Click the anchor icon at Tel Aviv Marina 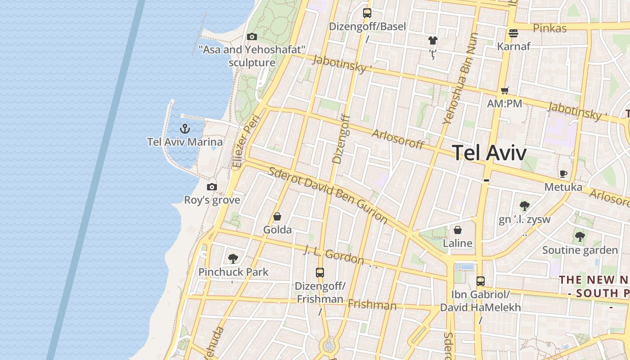pos(184,129)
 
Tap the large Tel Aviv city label pos(489,153)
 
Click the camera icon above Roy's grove pos(212,187)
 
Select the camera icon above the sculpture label pos(252,36)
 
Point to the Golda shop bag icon pos(277,217)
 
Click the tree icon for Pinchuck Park pos(233,258)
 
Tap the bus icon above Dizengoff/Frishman pos(320,272)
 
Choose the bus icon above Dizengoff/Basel pos(367,13)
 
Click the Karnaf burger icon pos(513,33)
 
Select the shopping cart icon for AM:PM pos(505,91)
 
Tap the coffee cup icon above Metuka pos(563,174)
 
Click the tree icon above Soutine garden pos(580,237)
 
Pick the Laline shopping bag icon pos(458,230)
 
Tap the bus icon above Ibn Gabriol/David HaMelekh pos(481,281)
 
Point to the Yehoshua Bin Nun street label pos(459,78)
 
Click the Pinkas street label pos(549,28)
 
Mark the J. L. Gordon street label pos(333,254)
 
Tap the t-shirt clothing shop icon pos(433,40)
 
